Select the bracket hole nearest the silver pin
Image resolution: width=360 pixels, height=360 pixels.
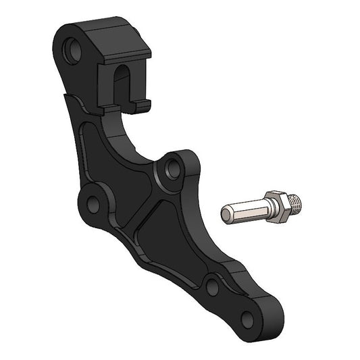point(173,168)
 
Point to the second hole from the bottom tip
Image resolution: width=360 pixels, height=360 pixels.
point(212,287)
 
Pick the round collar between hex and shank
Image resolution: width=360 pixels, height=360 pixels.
point(264,209)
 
